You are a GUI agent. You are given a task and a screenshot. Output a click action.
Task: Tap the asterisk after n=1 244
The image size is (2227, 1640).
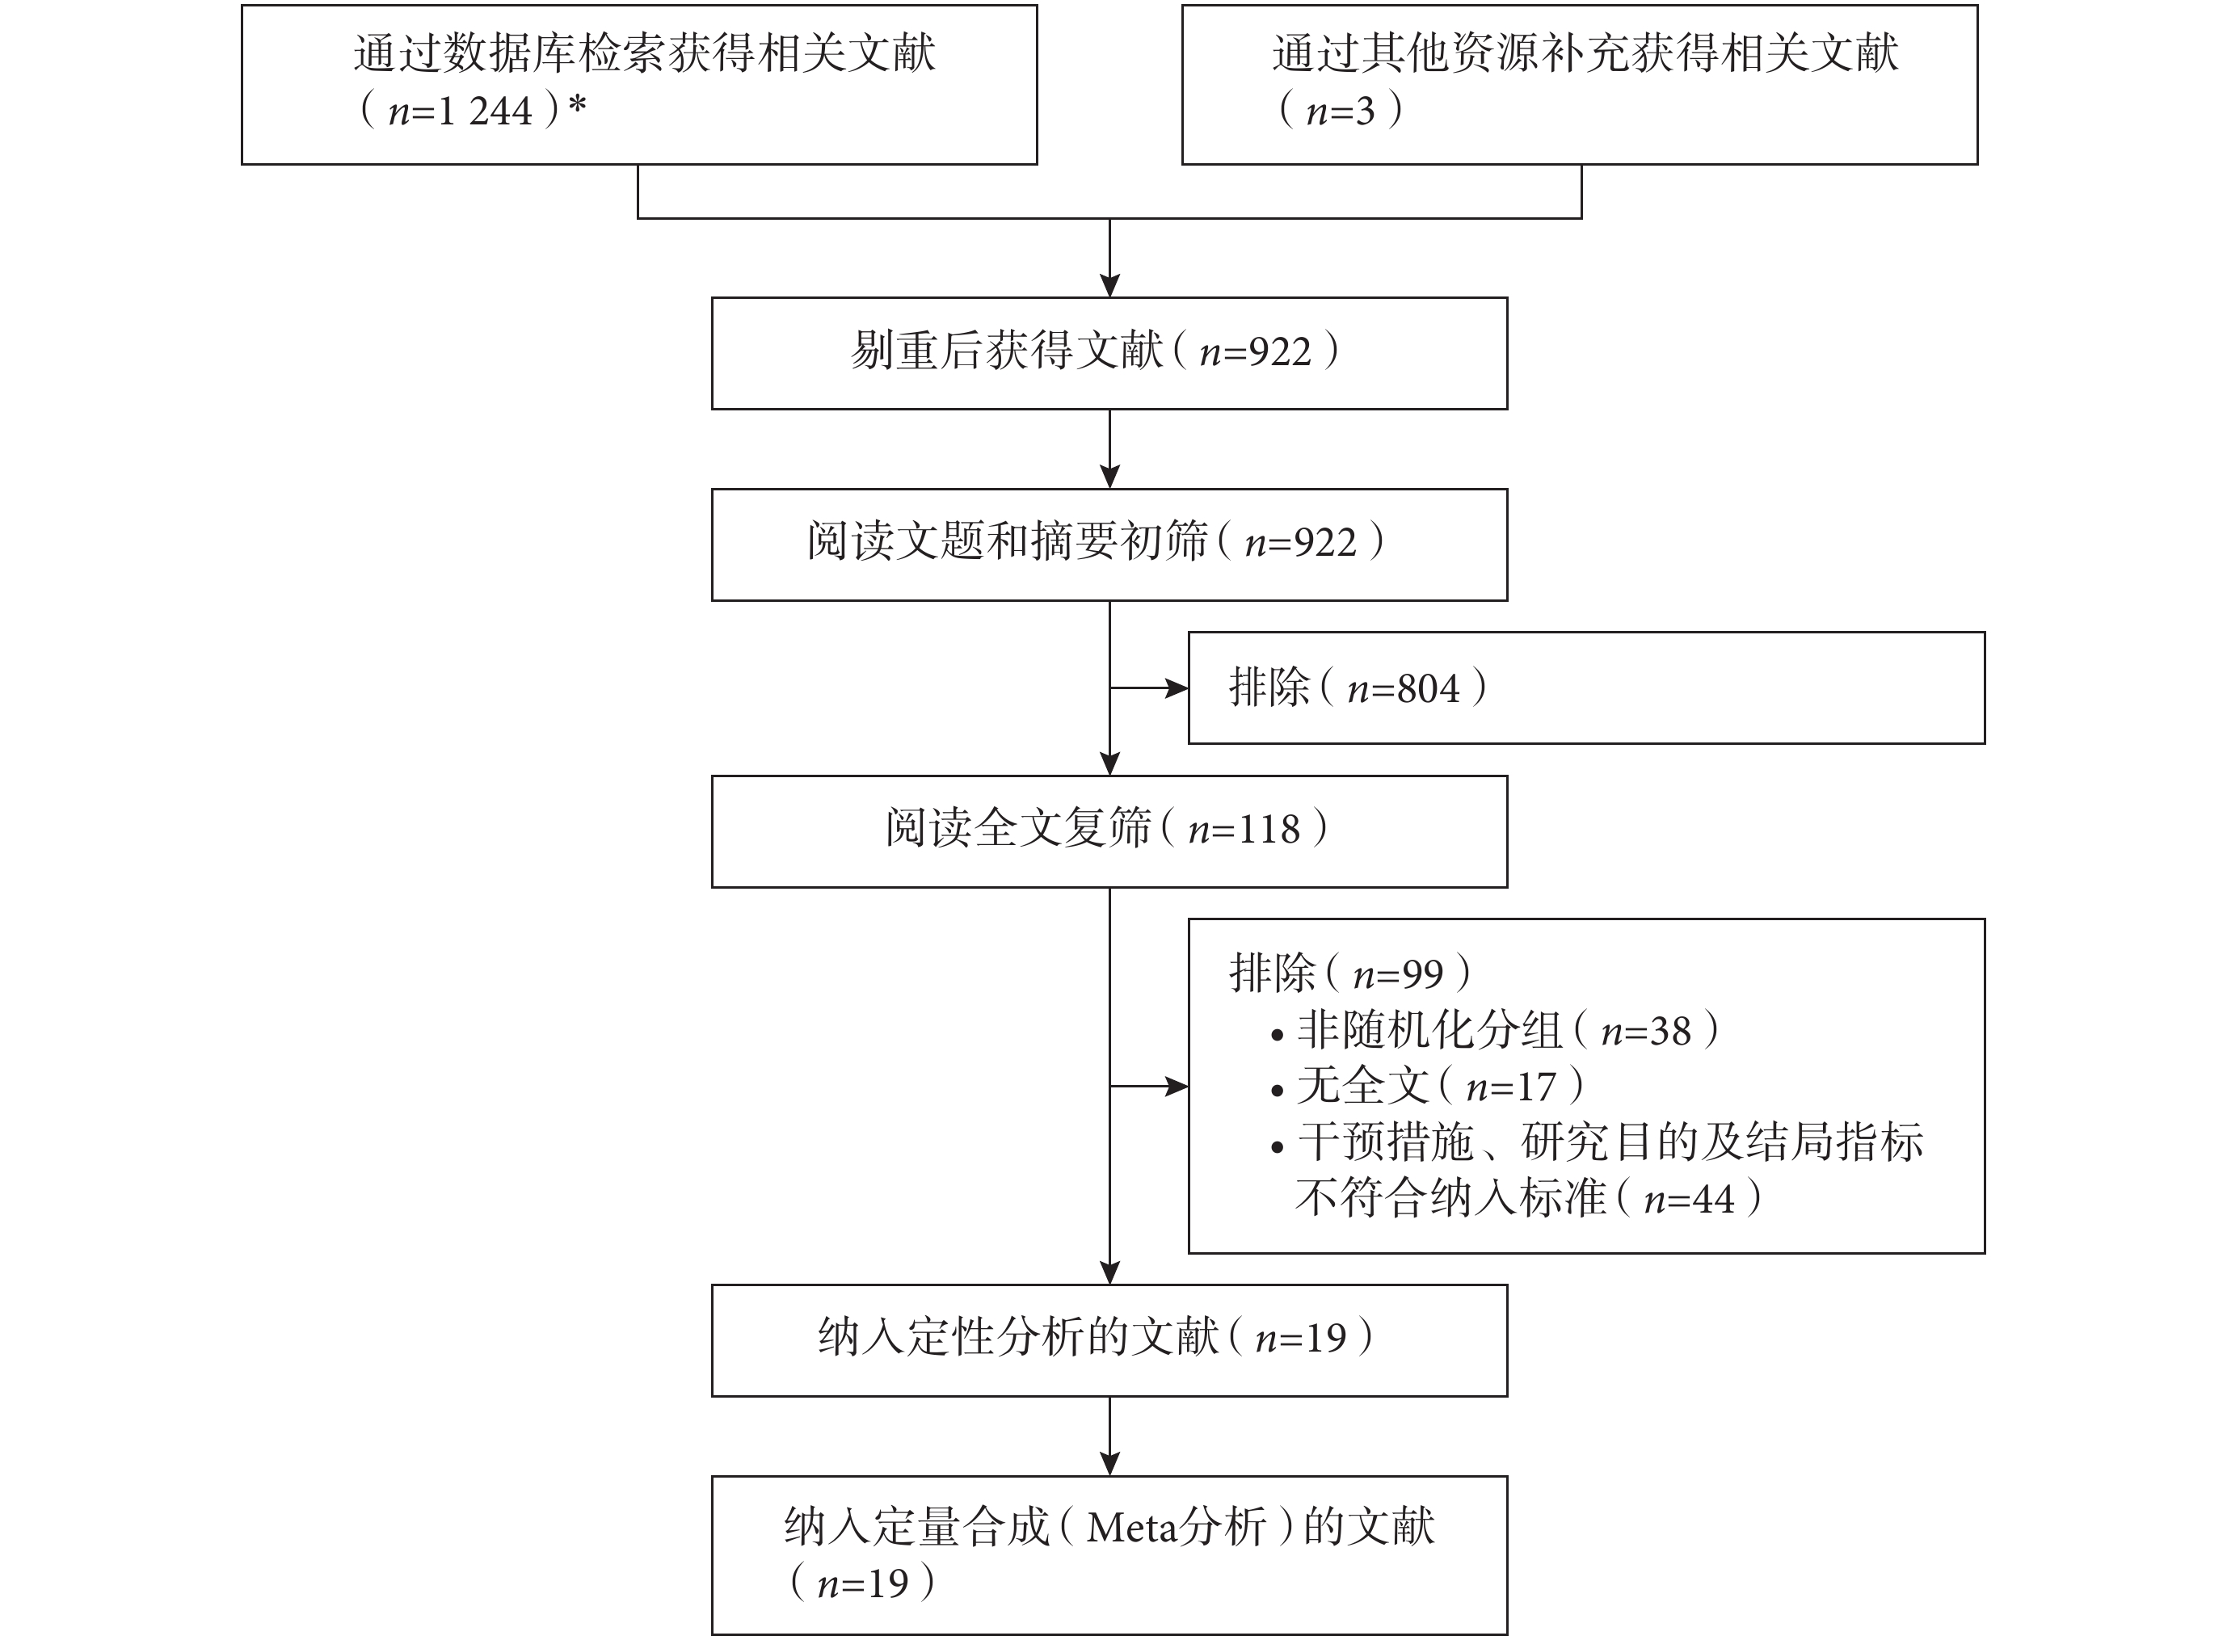577,104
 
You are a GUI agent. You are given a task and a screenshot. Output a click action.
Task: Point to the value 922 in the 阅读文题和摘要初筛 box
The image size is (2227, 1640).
1324,543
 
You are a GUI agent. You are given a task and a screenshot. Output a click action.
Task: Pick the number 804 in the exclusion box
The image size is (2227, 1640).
1428,689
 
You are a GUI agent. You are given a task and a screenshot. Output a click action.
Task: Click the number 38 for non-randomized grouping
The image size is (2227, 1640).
1669,1032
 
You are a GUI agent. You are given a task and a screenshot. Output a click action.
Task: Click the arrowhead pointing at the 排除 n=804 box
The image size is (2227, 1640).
1177,688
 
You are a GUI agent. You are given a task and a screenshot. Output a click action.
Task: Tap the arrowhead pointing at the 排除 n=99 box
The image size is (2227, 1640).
1177,1087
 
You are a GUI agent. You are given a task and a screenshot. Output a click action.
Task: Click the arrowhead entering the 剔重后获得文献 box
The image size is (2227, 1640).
1110,286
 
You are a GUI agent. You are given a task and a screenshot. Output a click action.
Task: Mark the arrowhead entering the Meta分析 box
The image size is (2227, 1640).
1110,1464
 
